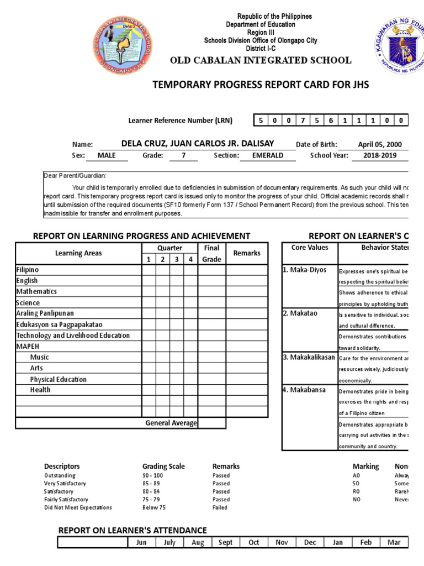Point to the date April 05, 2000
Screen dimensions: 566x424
point(380,145)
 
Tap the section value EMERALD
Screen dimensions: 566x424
point(267,155)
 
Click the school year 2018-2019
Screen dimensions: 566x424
point(380,155)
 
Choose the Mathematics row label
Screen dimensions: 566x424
point(36,291)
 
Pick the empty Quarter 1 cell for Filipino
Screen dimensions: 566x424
point(149,270)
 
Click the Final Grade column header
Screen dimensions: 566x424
point(211,254)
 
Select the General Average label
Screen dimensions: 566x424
point(171,423)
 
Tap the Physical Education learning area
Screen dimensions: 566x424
point(58,379)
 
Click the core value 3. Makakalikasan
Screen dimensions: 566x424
point(309,357)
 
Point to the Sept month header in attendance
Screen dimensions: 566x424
point(225,542)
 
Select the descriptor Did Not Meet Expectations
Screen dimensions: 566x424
point(78,507)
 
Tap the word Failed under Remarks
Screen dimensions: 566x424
point(220,507)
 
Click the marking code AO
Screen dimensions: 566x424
point(357,475)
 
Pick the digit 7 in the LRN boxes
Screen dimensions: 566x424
point(303,120)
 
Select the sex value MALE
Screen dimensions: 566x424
point(106,155)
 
